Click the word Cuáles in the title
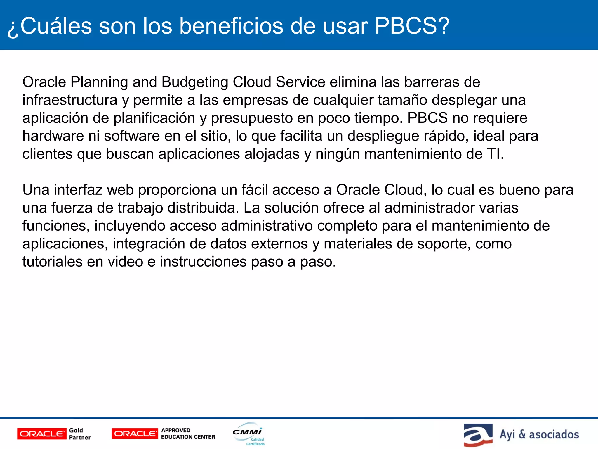[x=56, y=26]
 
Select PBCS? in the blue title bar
[x=412, y=26]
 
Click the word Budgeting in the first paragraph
[x=195, y=82]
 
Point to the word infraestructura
[x=70, y=100]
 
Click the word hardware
[x=53, y=136]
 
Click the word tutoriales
[x=52, y=262]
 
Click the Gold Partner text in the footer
[x=80, y=434]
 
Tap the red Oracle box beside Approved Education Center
[x=135, y=434]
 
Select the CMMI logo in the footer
[x=248, y=434]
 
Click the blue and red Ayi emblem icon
[x=478, y=435]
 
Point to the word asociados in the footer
[x=554, y=435]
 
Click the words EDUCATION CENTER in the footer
[x=188, y=437]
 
